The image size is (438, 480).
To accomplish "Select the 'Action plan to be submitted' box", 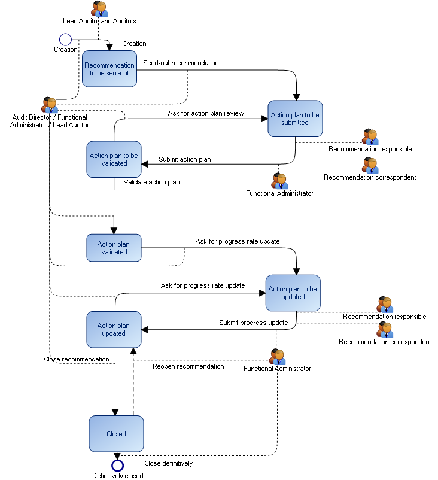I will pyautogui.click(x=296, y=119).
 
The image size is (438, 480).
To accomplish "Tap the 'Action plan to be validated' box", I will pyautogui.click(x=114, y=159).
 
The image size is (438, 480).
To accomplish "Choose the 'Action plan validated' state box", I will pyautogui.click(x=114, y=248).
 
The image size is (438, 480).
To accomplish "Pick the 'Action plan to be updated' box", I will pyautogui.click(x=293, y=293).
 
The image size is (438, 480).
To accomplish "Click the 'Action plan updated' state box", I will pyautogui.click(x=114, y=329).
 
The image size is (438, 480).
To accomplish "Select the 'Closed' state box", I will pyautogui.click(x=116, y=434).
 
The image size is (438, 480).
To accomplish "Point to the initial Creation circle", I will pyautogui.click(x=65, y=40).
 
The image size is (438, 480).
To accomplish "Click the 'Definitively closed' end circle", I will pyautogui.click(x=117, y=465).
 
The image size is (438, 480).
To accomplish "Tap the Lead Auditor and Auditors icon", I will pyautogui.click(x=99, y=9).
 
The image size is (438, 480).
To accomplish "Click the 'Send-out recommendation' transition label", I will pyautogui.click(x=181, y=63).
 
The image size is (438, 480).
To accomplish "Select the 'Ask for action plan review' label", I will pyautogui.click(x=206, y=113).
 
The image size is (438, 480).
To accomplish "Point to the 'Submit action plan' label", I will pyautogui.click(x=184, y=159).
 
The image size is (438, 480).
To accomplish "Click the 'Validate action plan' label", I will pyautogui.click(x=151, y=182).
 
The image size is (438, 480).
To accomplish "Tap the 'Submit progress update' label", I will pyautogui.click(x=253, y=323).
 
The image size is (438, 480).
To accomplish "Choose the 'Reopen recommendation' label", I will pyautogui.click(x=188, y=366).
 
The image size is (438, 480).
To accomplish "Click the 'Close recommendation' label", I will pyautogui.click(x=77, y=360).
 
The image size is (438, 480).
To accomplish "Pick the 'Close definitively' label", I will pyautogui.click(x=169, y=463).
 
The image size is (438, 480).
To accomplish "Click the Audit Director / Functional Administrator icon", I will pyautogui.click(x=50, y=105).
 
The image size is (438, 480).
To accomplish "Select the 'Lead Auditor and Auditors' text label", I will pyautogui.click(x=99, y=21).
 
